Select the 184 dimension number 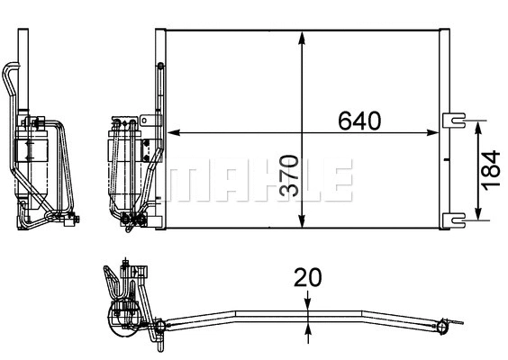tap(491, 168)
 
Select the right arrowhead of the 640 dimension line tap(439, 133)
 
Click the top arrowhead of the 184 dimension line tap(478, 123)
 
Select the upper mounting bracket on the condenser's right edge tap(456, 117)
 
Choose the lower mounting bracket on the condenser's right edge tap(456, 218)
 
